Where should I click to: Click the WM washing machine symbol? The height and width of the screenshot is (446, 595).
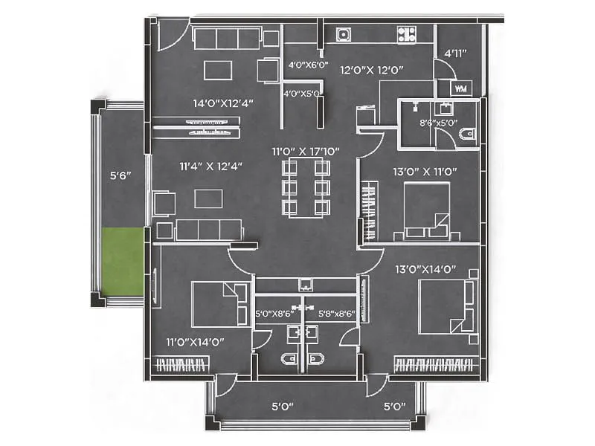coord(460,88)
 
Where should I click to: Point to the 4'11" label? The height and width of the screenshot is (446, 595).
coord(454,54)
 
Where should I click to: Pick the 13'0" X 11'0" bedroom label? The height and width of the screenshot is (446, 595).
coord(425,172)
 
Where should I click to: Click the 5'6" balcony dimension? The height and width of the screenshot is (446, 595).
coord(120,176)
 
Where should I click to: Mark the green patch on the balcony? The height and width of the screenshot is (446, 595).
coord(123,261)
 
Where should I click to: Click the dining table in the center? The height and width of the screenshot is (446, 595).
coord(306,187)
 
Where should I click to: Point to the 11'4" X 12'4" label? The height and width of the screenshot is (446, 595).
coord(204,167)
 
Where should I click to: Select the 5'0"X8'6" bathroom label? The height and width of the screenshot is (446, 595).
coord(275,314)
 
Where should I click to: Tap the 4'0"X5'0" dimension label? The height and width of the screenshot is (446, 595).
coord(302,94)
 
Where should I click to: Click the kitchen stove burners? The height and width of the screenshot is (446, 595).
coord(406,33)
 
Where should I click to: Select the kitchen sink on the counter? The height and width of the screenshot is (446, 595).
coord(344,33)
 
